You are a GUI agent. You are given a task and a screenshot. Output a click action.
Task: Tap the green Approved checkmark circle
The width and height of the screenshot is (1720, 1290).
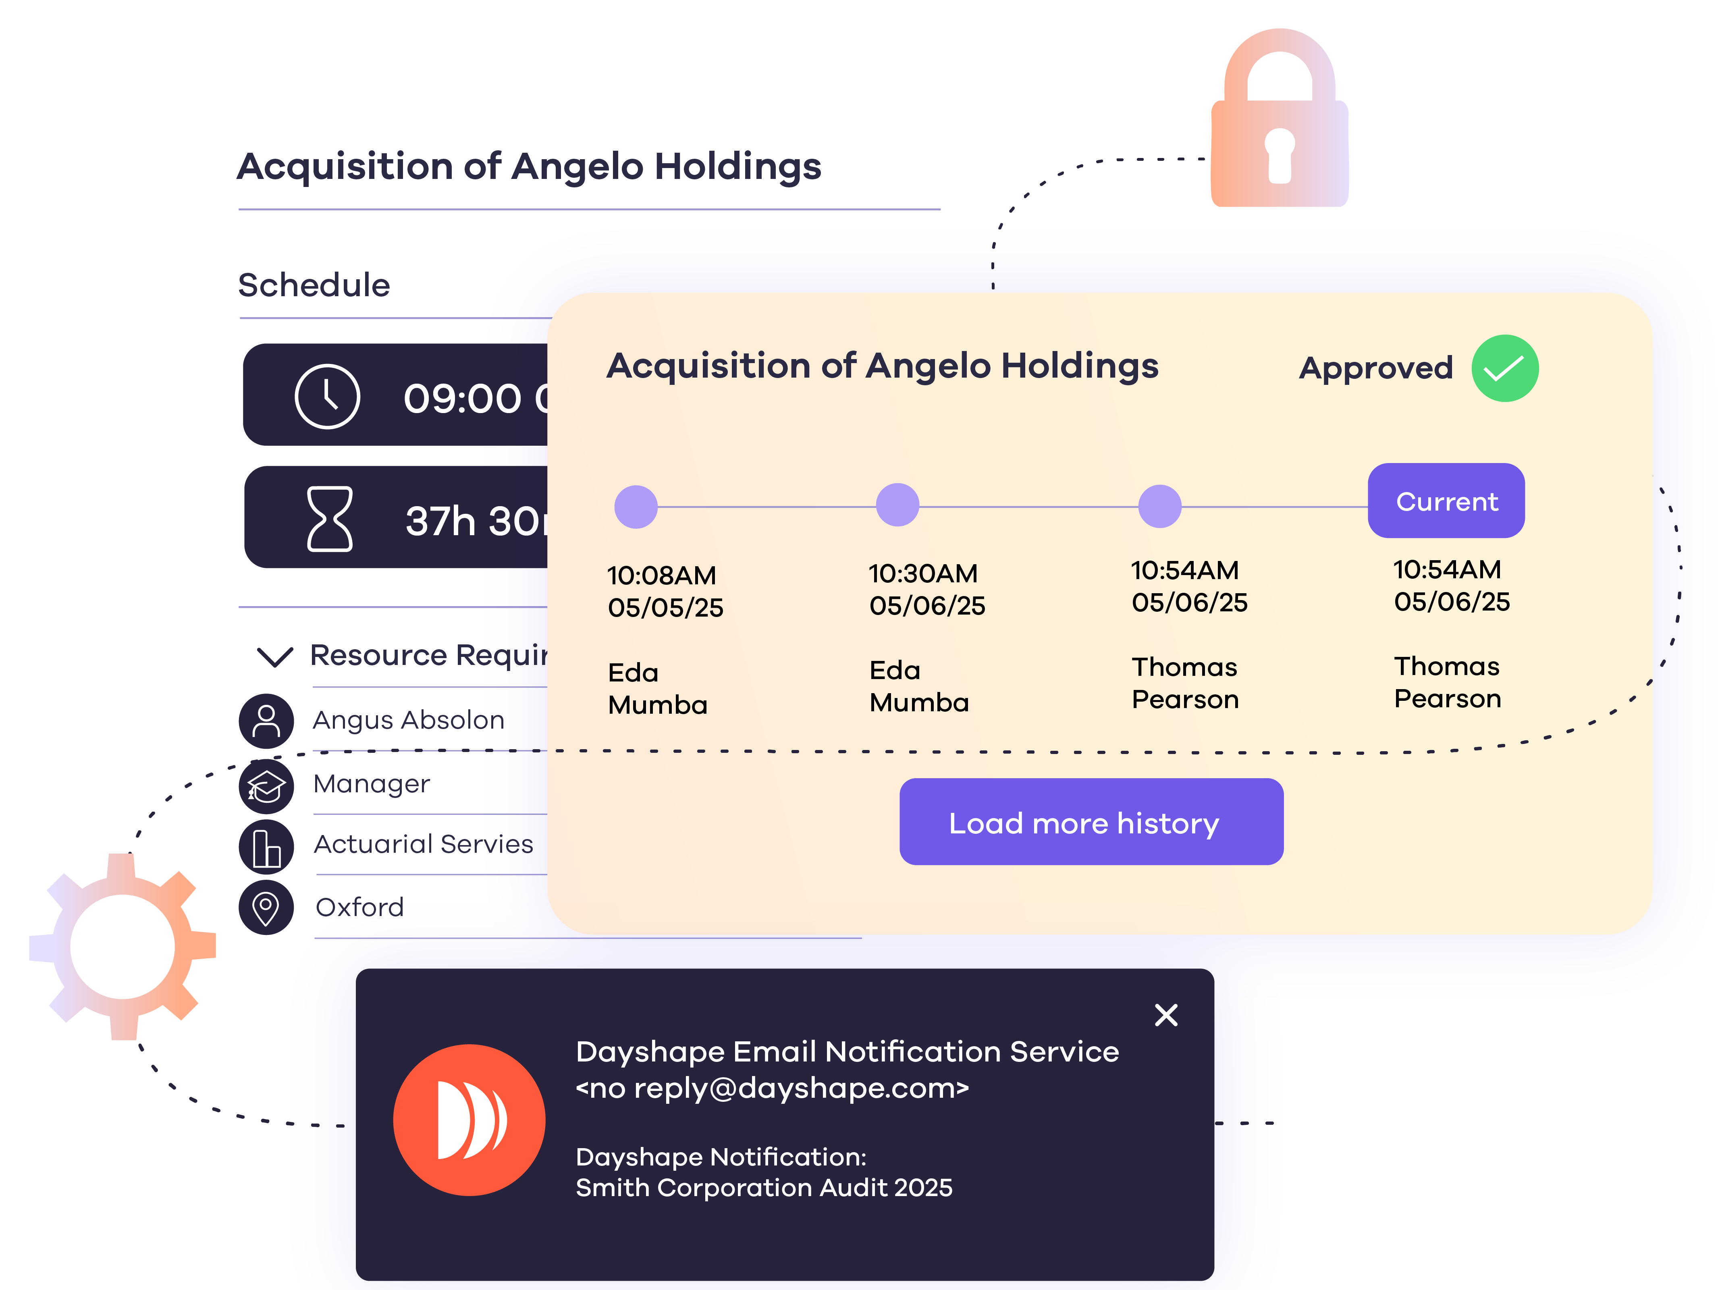pos(1505,369)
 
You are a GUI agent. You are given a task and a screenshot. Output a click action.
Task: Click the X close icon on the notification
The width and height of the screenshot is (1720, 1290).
pos(1165,1015)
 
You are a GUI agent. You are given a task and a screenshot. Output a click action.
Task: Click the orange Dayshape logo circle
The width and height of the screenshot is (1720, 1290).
pos(469,1120)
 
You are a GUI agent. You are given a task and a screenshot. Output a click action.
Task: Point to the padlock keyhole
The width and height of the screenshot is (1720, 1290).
pos(1279,152)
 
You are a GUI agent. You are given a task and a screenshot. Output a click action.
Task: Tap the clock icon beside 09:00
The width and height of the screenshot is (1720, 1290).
pos(327,397)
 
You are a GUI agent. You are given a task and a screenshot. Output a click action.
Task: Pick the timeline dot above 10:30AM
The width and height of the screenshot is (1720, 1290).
pos(897,505)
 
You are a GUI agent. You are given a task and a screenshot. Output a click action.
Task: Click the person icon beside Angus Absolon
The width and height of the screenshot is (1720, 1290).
pos(266,721)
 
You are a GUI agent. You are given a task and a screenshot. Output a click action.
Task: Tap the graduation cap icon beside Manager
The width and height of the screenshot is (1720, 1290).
pos(266,786)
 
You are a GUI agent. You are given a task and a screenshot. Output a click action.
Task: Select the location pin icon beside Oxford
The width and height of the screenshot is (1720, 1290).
pos(266,908)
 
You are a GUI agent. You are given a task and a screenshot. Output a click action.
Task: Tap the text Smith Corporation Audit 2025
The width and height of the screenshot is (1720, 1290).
pos(764,1188)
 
